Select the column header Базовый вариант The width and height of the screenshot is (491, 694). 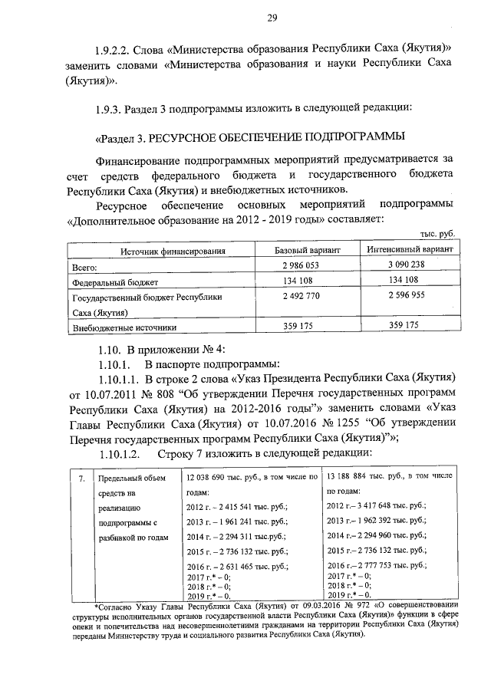pos(308,251)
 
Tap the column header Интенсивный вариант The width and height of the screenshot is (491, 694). pos(412,251)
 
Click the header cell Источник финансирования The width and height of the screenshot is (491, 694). pos(173,252)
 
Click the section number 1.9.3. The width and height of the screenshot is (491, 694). pos(101,107)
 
